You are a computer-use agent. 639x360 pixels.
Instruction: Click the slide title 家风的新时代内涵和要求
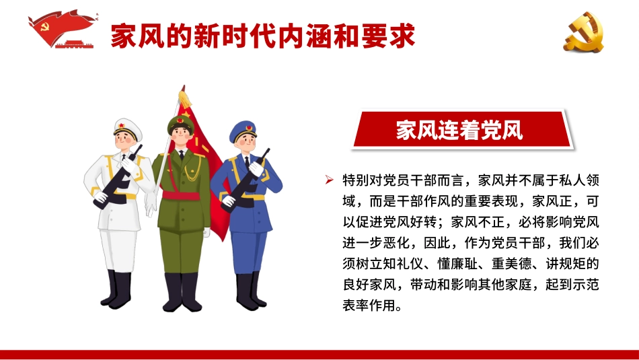click(262, 35)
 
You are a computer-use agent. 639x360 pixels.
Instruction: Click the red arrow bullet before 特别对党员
click(329, 180)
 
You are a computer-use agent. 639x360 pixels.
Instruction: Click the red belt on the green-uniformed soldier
click(181, 196)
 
